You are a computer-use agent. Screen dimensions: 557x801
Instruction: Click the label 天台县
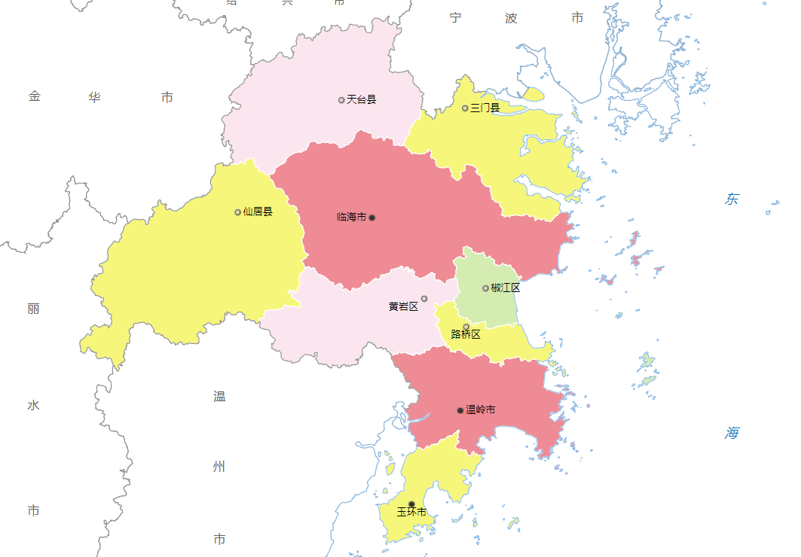point(361,99)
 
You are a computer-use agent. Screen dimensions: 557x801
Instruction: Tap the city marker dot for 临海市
point(371,218)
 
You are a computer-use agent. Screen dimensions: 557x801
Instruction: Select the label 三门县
point(485,108)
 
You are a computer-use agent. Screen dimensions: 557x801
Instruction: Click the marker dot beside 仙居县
point(237,212)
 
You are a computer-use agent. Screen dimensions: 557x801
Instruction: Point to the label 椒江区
point(506,288)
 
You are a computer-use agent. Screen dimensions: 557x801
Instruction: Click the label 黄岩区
point(403,306)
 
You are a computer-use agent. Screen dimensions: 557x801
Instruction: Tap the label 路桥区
point(466,335)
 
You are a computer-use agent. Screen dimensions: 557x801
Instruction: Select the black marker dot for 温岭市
point(460,410)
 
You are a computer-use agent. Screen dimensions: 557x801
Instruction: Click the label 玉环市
point(411,513)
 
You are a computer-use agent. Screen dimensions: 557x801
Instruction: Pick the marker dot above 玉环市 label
point(411,504)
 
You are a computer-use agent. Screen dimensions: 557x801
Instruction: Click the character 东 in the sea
point(732,199)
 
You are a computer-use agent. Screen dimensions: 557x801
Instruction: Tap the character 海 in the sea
point(732,433)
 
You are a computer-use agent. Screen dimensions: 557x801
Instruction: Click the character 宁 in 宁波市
point(455,18)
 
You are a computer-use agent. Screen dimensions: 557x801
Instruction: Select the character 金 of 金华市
point(35,97)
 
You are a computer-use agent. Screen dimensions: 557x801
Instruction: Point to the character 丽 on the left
point(33,309)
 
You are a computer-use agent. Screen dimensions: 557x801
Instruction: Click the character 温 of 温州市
point(219,397)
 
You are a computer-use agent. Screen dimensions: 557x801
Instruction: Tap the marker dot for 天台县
point(341,99)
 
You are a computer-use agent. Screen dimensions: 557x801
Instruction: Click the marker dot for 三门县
point(465,108)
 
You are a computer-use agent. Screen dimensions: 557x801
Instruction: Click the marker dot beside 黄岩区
point(424,299)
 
